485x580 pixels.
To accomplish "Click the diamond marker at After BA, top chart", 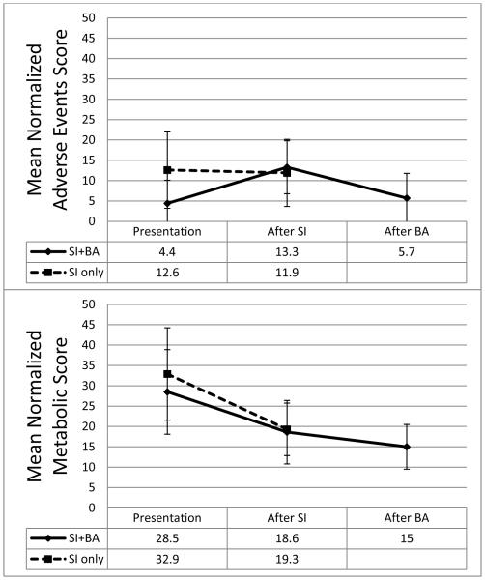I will pyautogui.click(x=407, y=198).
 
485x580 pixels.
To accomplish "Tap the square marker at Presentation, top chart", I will pyautogui.click(x=167, y=170).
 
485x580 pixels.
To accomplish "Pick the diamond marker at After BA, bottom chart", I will pyautogui.click(x=407, y=447).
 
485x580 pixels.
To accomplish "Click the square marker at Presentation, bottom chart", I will pyautogui.click(x=167, y=374).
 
